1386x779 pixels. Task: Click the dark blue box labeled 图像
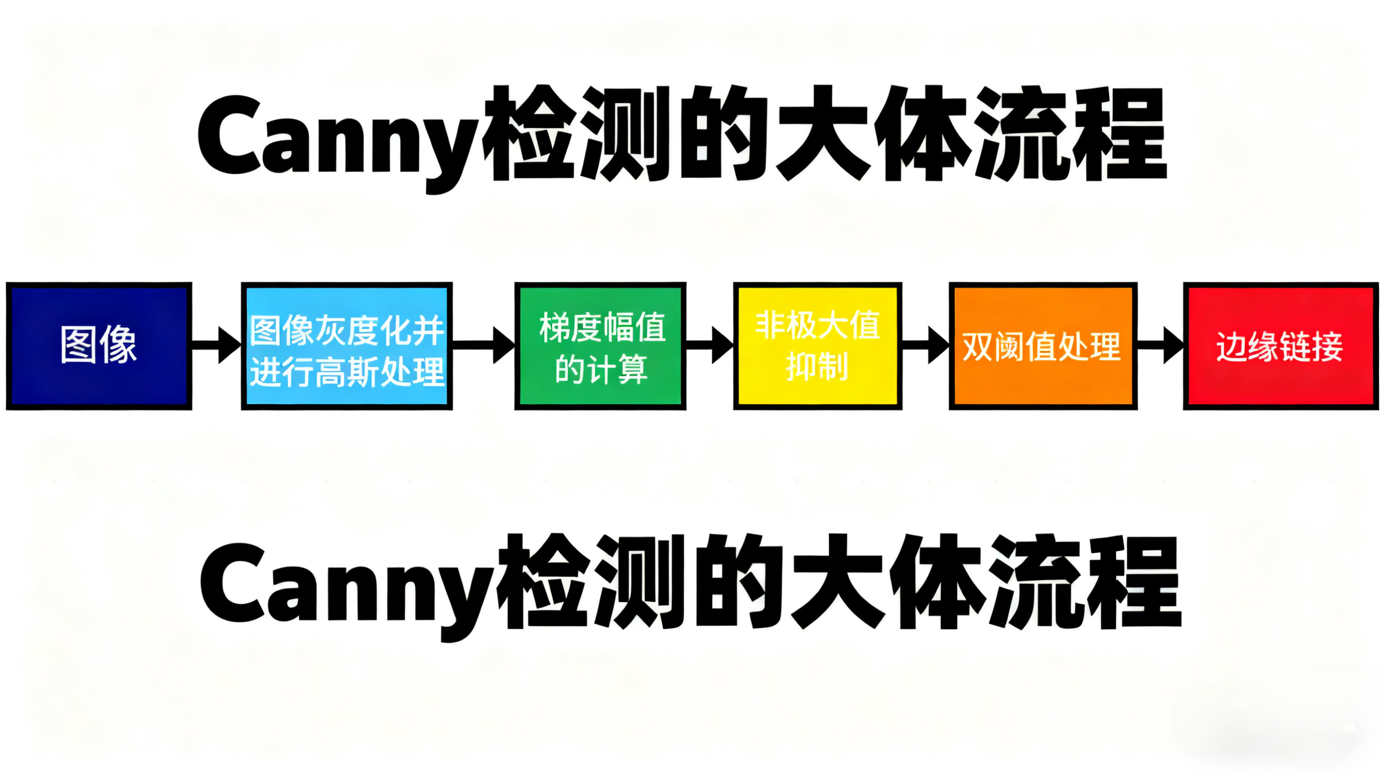pos(99,346)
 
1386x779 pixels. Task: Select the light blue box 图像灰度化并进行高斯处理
pos(346,346)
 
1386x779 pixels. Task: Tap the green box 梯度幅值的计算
pos(600,346)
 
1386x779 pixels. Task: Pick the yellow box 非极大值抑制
pos(817,346)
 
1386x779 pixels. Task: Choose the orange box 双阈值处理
pos(1042,346)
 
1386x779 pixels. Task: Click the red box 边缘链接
pos(1280,346)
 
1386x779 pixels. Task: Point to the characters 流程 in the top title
pos(1071,134)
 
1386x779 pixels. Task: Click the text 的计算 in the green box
pos(601,369)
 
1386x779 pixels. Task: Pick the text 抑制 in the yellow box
pos(817,367)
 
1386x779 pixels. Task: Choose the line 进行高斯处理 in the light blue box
pos(346,371)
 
